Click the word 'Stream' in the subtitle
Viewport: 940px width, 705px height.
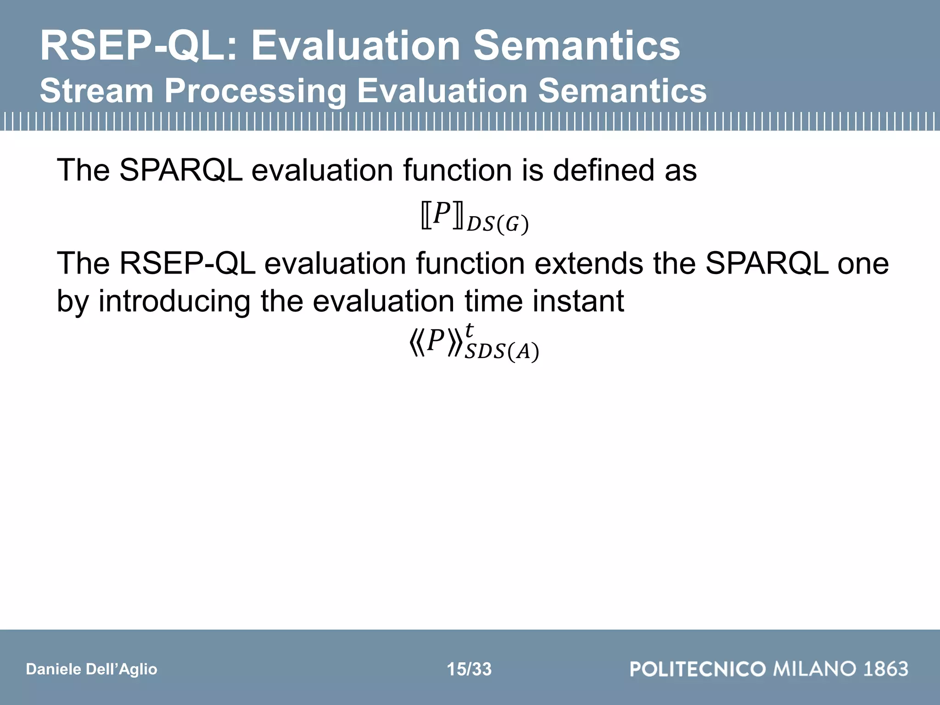(x=96, y=91)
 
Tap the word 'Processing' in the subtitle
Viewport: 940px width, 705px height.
(x=254, y=91)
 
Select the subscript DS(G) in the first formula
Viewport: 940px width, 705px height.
(x=498, y=224)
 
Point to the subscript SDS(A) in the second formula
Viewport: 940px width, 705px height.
(x=502, y=352)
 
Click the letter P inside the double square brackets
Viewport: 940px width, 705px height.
(x=442, y=213)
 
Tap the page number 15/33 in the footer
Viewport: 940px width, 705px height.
(x=469, y=669)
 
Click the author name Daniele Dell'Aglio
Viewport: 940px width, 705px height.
(x=91, y=669)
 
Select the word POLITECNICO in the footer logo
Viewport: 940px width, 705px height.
(x=698, y=669)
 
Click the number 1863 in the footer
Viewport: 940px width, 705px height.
(x=885, y=669)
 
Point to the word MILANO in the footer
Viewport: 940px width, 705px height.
(x=815, y=669)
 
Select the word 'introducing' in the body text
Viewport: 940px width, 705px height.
(x=174, y=301)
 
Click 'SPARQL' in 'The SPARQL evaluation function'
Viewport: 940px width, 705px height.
(x=181, y=170)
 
